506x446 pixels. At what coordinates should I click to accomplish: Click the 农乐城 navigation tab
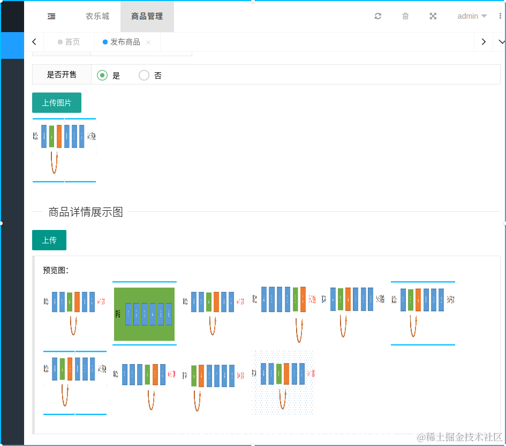97,16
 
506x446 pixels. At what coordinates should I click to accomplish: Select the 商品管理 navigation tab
147,16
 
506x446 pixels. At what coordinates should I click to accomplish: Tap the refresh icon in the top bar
378,16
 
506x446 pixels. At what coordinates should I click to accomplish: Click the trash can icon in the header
405,16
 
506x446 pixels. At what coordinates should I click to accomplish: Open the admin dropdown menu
472,16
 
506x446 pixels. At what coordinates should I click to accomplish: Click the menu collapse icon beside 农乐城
51,17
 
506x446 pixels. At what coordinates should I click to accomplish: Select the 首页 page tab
69,42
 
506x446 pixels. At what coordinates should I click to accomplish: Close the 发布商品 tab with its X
148,42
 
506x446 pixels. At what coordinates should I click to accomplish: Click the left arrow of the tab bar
34,42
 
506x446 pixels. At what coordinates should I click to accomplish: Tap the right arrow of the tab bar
484,42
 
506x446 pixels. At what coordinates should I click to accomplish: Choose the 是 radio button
102,75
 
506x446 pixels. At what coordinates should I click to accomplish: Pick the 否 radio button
144,75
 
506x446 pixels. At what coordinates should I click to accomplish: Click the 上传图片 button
57,103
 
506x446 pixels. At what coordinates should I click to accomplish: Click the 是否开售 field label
62,75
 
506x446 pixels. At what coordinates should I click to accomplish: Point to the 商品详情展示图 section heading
86,212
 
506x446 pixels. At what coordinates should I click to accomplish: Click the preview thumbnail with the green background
145,314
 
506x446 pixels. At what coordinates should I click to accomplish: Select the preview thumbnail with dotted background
283,382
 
